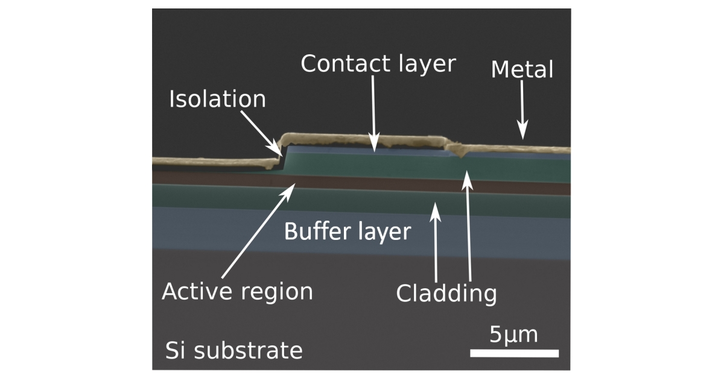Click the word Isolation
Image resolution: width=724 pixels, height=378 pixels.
218,99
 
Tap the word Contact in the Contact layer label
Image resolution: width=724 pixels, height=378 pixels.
346,63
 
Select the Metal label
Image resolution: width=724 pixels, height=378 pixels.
522,69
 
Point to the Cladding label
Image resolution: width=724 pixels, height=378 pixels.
446,294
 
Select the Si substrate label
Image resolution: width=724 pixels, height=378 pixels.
233,350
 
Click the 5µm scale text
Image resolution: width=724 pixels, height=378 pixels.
513,335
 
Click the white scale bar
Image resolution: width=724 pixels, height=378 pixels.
514,353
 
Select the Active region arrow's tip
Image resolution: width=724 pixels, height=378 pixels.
295,183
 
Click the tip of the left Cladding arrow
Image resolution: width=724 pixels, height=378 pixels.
436,203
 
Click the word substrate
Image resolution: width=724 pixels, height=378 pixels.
248,350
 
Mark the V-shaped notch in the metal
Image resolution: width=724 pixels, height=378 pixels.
462,155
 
